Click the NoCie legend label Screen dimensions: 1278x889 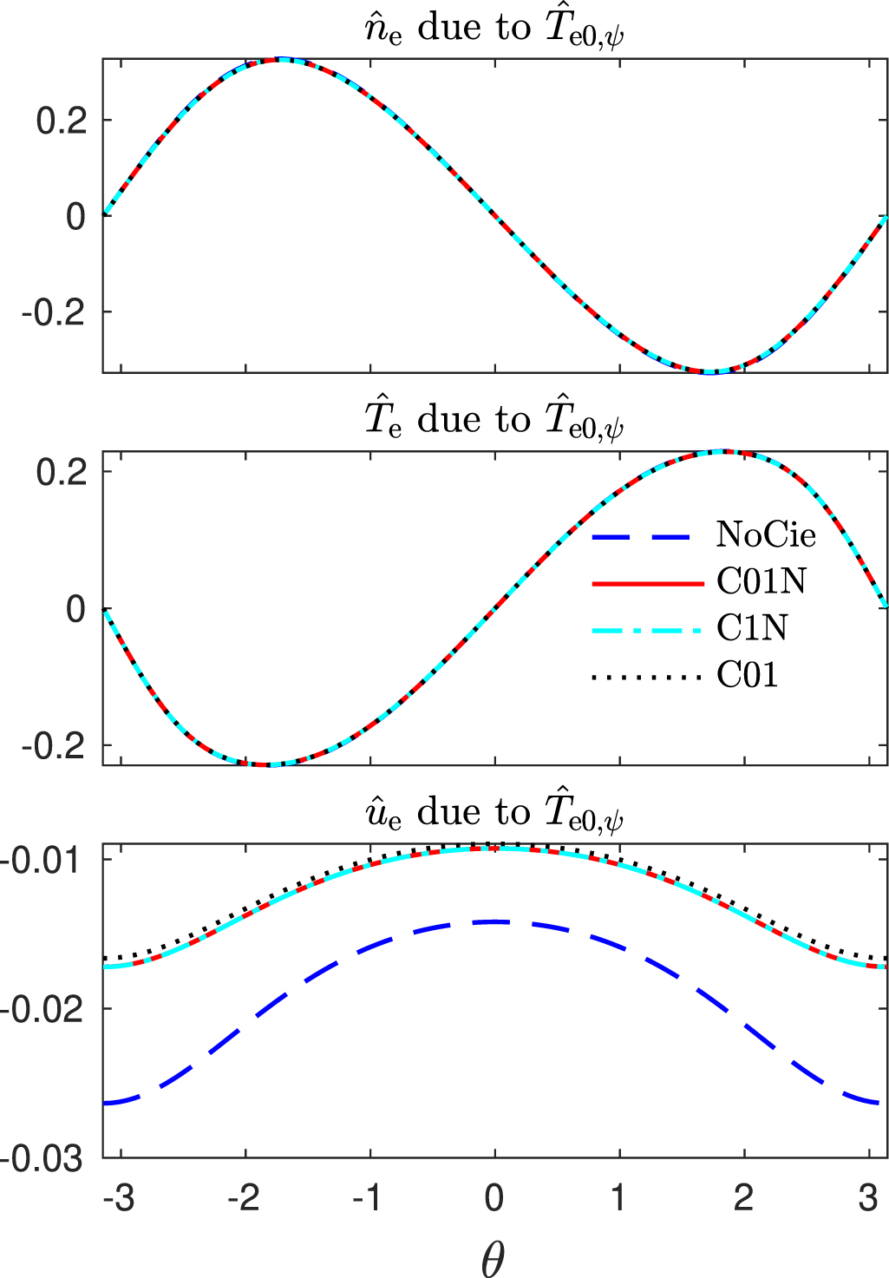pos(766,534)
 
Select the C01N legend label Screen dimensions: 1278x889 pos(761,581)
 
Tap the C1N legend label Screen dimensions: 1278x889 pos(752,627)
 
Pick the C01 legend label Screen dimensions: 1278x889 pos(747,674)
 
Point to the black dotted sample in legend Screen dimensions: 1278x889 pos(646,676)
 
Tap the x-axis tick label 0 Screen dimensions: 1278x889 pos(494,1198)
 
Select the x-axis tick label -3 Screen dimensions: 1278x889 pos(118,1198)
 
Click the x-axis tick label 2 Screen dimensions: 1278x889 pos(743,1198)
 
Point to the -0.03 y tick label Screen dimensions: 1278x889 pos(42,1158)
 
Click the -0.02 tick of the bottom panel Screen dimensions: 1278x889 pos(42,1010)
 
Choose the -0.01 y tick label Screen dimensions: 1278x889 pos(42,860)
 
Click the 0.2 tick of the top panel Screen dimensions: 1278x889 pos(62,121)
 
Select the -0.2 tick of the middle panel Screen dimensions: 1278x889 pos(54,746)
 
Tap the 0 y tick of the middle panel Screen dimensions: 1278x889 pos(76,609)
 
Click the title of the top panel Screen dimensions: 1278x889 pos(493,29)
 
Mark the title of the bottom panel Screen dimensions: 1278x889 pos(493,814)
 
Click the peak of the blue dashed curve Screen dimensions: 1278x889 pos(494,921)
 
